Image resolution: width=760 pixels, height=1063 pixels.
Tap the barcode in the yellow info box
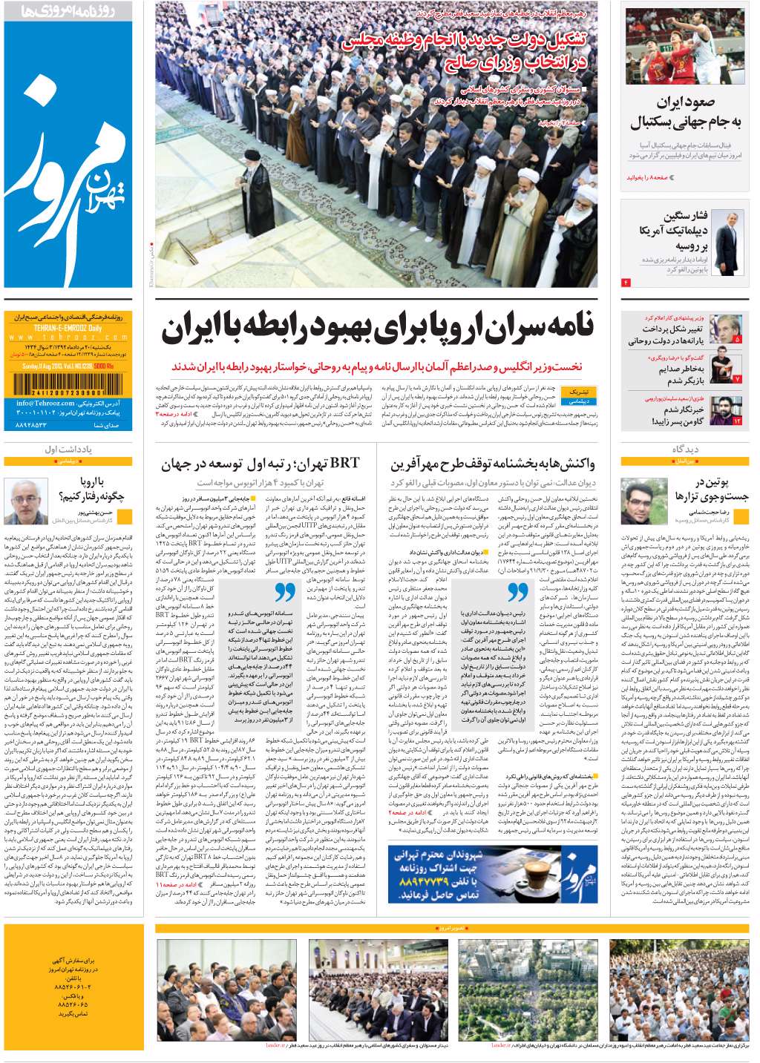[58, 384]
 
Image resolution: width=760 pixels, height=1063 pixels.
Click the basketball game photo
[684, 46]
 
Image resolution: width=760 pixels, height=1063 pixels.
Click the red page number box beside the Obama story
[626, 283]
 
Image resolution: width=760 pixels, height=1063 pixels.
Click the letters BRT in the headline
[344, 464]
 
